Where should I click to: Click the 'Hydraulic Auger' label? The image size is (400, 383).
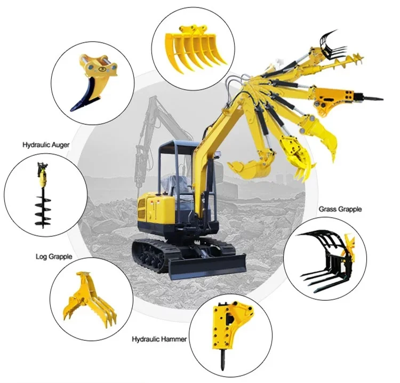tap(46, 145)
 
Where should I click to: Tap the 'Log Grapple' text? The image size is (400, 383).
tap(54, 257)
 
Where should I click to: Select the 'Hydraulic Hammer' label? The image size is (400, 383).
tap(159, 339)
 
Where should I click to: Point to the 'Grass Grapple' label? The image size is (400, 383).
tap(340, 209)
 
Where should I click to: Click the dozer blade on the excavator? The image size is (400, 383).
tap(206, 267)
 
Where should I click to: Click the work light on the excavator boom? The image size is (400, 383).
tap(218, 154)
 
